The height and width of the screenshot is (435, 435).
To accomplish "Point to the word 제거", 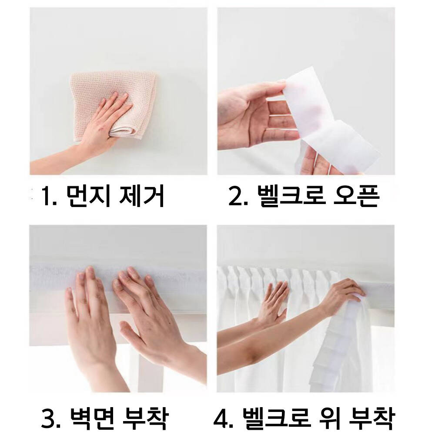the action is point(141,196).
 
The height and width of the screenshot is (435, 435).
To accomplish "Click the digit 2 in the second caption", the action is point(235,196).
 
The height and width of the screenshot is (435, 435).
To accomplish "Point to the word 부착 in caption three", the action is point(145,417).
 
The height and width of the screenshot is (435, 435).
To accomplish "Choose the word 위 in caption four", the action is point(328,417).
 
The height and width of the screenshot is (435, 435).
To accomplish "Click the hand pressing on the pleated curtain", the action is point(273,302).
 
